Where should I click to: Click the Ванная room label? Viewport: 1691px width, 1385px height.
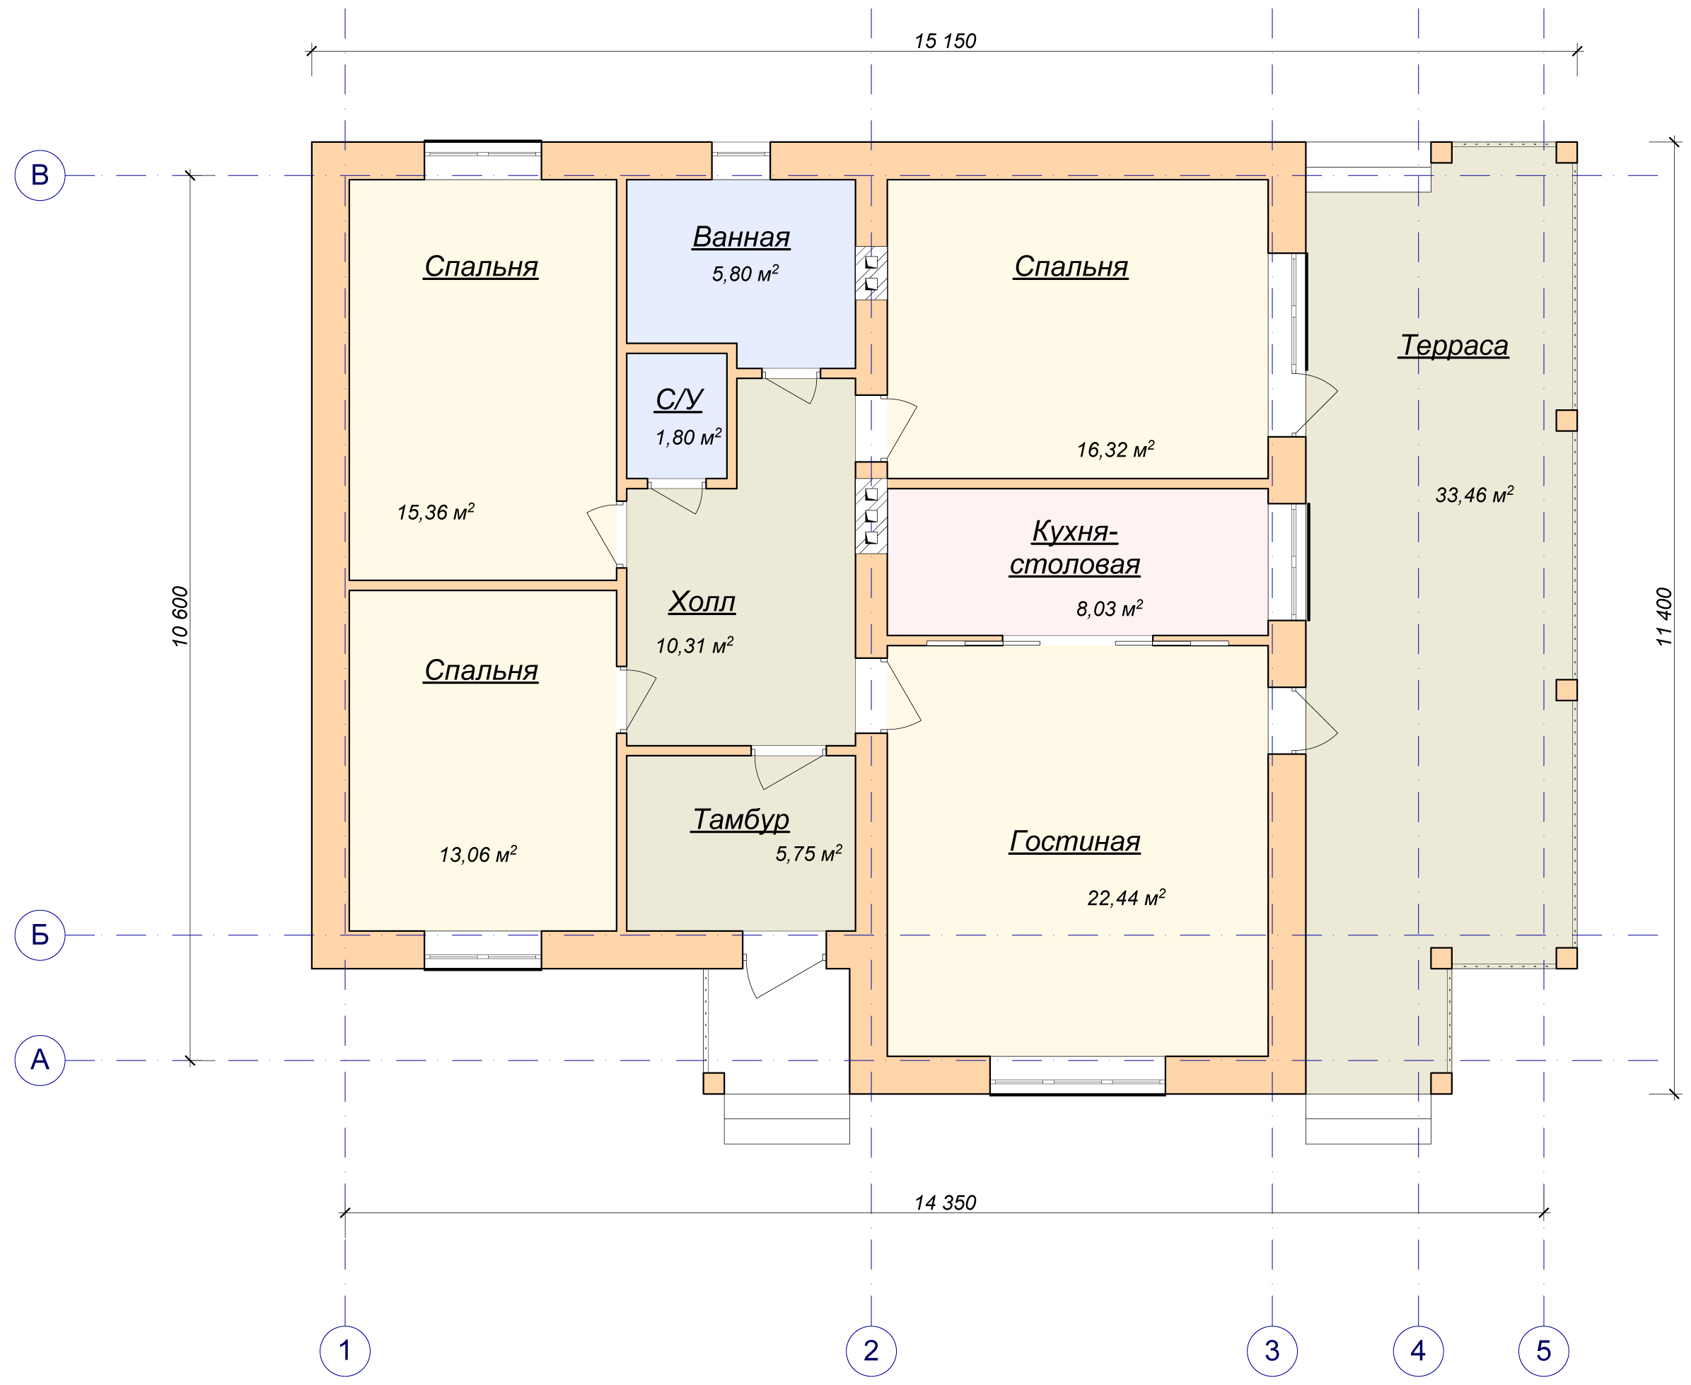click(740, 237)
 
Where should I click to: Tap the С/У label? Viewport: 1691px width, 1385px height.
click(679, 399)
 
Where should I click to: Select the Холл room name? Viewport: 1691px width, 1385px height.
click(702, 602)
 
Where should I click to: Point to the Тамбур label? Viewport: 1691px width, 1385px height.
click(740, 819)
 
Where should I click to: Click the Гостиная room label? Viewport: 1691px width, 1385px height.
click(1074, 841)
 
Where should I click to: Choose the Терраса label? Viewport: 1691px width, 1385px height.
click(1453, 346)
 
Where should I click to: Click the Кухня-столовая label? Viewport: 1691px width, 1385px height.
click(1074, 548)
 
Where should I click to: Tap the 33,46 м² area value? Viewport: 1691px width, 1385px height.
click(1474, 495)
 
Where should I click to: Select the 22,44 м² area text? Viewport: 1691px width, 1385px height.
click(1126, 898)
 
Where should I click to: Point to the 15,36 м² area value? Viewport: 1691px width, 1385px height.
click(436, 511)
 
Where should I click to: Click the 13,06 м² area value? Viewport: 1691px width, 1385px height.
click(477, 855)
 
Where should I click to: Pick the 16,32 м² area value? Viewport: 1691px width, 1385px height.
click(1115, 449)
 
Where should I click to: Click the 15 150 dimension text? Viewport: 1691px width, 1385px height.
click(945, 41)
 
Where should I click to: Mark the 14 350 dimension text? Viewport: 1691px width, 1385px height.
click(945, 1203)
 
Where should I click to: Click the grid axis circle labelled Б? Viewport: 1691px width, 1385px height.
click(40, 935)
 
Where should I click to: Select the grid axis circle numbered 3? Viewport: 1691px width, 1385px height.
click(1272, 1350)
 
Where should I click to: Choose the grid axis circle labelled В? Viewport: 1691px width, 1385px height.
click(40, 175)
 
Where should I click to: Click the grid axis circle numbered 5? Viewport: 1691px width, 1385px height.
click(1543, 1350)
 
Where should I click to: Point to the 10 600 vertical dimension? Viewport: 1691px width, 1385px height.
click(180, 616)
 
